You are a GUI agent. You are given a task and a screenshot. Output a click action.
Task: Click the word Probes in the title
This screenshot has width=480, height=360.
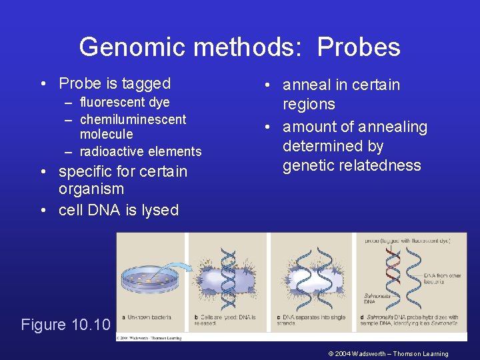(x=359, y=47)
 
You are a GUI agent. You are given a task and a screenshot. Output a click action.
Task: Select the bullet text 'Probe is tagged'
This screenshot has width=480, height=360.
(x=115, y=83)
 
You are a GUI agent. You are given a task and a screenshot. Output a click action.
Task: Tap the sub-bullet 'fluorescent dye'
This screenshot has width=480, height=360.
(x=125, y=102)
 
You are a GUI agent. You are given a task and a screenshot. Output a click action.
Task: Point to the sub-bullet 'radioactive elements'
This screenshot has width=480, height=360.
(x=140, y=151)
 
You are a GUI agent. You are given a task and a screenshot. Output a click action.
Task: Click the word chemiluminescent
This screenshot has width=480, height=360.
(x=133, y=119)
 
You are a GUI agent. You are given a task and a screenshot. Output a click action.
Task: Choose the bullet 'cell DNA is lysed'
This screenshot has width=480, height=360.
(x=119, y=210)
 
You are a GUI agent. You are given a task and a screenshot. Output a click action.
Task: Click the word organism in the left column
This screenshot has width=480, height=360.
(x=91, y=189)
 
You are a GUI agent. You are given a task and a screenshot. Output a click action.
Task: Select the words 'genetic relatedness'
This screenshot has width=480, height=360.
(x=351, y=165)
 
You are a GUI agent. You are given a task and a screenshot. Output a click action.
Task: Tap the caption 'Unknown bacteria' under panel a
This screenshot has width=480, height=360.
(x=151, y=317)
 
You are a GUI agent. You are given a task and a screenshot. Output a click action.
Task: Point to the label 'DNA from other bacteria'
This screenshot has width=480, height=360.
(x=443, y=279)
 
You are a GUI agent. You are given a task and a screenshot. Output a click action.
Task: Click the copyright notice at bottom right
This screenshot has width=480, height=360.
(x=388, y=353)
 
